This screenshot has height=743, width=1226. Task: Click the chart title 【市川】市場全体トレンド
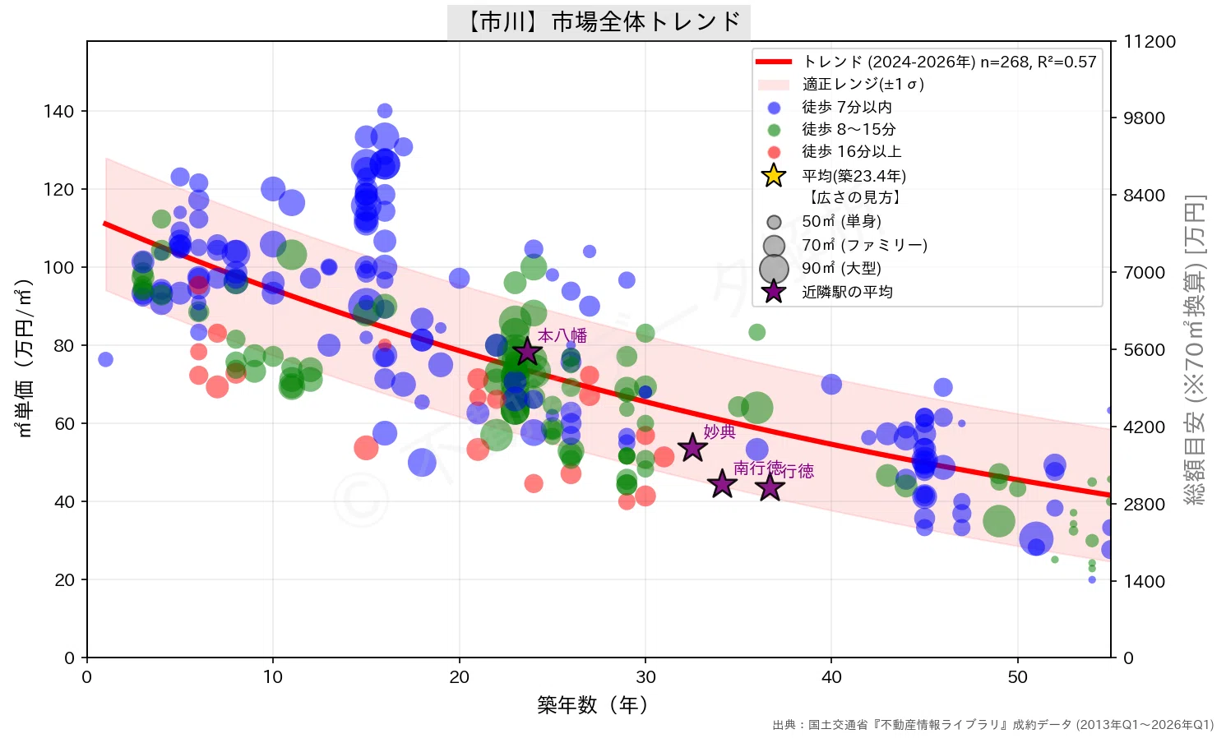pyautogui.click(x=599, y=22)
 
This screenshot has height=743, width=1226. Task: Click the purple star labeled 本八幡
pyautogui.click(x=527, y=351)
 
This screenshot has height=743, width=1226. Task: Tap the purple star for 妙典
pyautogui.click(x=692, y=448)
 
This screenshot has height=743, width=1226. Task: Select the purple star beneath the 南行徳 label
pyautogui.click(x=722, y=484)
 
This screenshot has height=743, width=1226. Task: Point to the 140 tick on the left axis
pyautogui.click(x=58, y=111)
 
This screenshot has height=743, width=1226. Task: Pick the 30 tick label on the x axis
pyautogui.click(x=645, y=676)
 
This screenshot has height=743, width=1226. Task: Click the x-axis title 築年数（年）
pyautogui.click(x=592, y=704)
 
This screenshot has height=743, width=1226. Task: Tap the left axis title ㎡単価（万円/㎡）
pyautogui.click(x=24, y=358)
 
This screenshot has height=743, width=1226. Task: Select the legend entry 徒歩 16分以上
pyautogui.click(x=851, y=151)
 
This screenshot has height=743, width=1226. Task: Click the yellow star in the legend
pyautogui.click(x=774, y=176)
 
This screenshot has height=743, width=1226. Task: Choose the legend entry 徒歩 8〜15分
pyautogui.click(x=849, y=130)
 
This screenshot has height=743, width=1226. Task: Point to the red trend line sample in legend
pyautogui.click(x=774, y=62)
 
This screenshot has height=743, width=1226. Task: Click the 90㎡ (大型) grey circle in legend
pyautogui.click(x=774, y=269)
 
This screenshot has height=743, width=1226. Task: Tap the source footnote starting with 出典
pyautogui.click(x=992, y=725)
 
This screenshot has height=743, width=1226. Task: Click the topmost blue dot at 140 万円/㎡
pyautogui.click(x=385, y=110)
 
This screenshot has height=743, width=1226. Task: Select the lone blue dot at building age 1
pyautogui.click(x=105, y=359)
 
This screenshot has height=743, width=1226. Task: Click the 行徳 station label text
pyautogui.click(x=798, y=470)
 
